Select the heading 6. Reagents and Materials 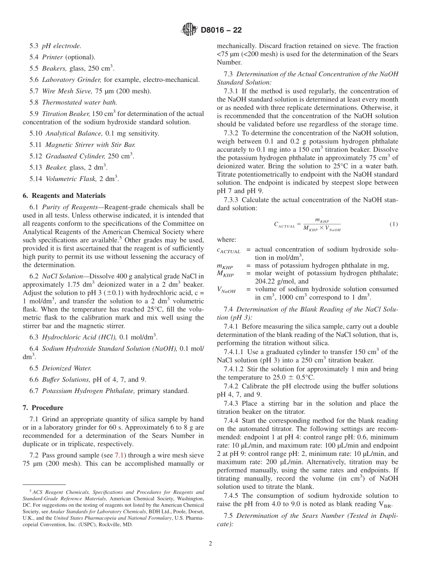click(64, 196)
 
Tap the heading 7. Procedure click(43, 408)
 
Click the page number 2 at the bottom click(210, 544)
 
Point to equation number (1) click(394, 224)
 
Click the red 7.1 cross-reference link click(120, 455)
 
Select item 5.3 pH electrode click(55, 46)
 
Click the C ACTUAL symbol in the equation click(284, 225)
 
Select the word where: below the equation click(226, 239)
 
